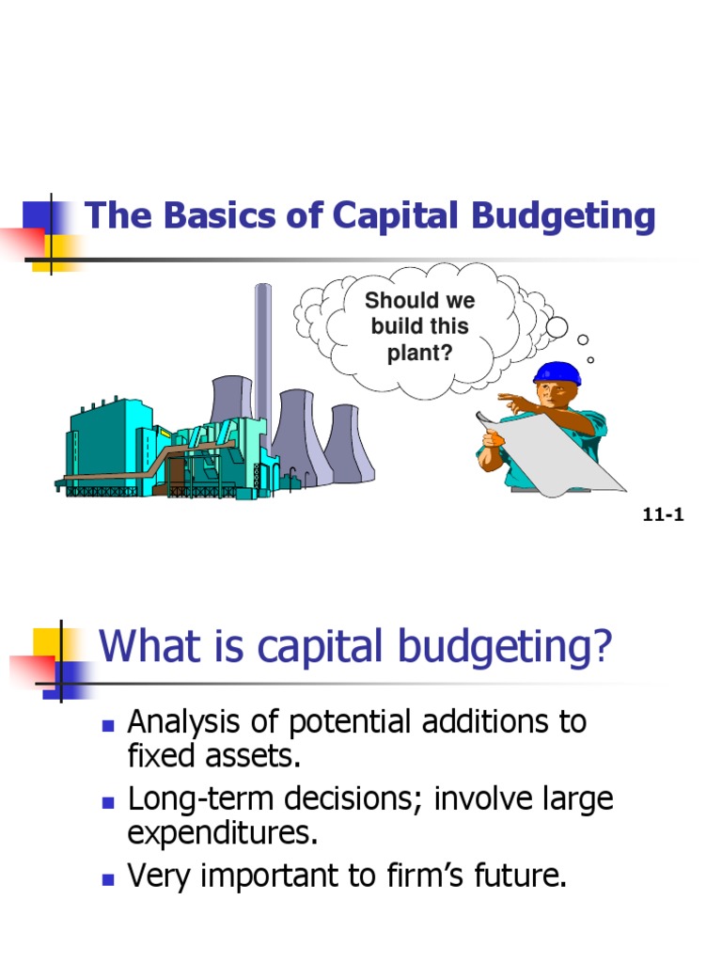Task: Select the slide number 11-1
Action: point(664,514)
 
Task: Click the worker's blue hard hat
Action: point(557,372)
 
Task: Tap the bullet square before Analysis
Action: point(107,725)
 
